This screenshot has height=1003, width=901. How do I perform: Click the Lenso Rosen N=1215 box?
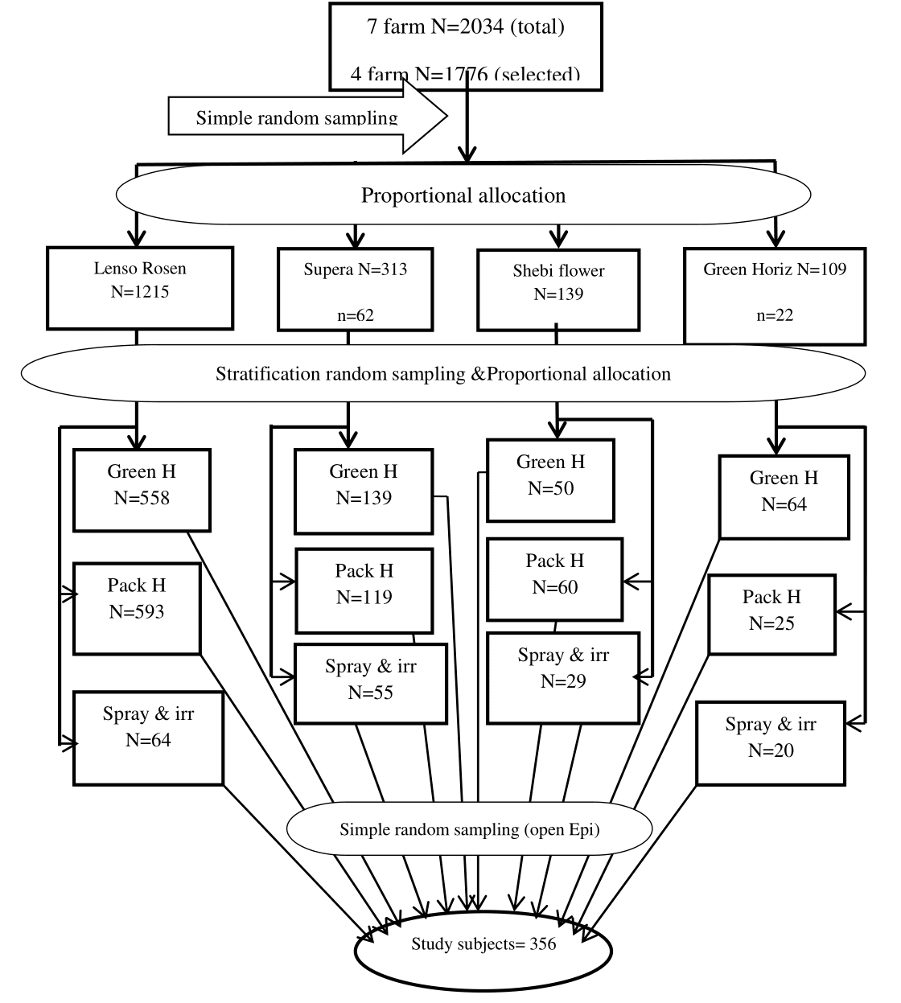click(140, 287)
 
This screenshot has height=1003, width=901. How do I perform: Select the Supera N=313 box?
click(355, 289)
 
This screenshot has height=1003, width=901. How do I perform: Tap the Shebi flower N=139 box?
click(558, 290)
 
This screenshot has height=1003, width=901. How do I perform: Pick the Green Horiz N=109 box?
click(775, 294)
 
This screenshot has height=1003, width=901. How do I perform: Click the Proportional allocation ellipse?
click(463, 195)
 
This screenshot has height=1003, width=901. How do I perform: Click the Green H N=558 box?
click(142, 490)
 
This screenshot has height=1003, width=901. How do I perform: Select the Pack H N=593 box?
click(137, 608)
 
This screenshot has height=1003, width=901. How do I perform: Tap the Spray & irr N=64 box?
click(148, 737)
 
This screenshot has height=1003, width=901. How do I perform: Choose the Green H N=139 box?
click(364, 491)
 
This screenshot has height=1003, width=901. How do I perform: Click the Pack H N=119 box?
click(364, 590)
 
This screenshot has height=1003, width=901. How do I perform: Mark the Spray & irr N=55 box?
click(370, 684)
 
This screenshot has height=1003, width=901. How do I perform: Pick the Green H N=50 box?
click(551, 479)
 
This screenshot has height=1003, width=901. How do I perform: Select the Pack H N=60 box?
click(555, 579)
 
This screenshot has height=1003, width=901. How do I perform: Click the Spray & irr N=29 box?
click(563, 677)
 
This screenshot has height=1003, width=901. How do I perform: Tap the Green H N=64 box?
click(784, 496)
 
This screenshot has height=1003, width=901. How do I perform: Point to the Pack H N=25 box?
click(771, 615)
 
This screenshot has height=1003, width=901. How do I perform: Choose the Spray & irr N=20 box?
click(771, 742)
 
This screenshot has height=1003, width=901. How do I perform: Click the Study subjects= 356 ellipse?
click(483, 946)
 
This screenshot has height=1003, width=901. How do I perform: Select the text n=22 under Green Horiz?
click(775, 315)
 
